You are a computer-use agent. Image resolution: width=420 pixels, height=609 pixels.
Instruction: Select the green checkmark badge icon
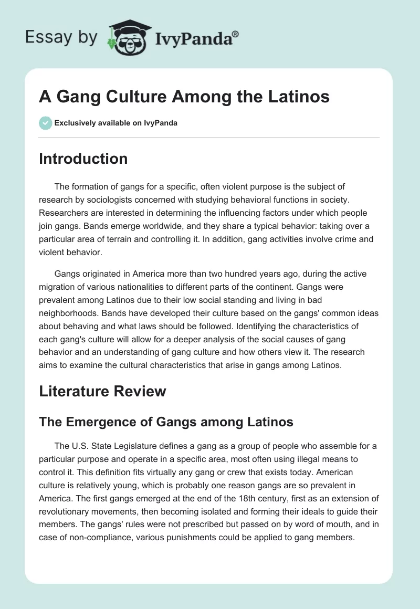click(45, 123)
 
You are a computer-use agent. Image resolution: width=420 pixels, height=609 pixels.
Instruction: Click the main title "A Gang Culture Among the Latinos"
click(184, 97)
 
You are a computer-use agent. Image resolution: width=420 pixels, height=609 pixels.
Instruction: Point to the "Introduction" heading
click(83, 159)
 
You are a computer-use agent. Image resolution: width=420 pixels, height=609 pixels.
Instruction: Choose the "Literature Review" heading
click(102, 391)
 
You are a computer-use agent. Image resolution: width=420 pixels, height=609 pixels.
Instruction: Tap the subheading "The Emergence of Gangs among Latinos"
click(166, 421)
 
